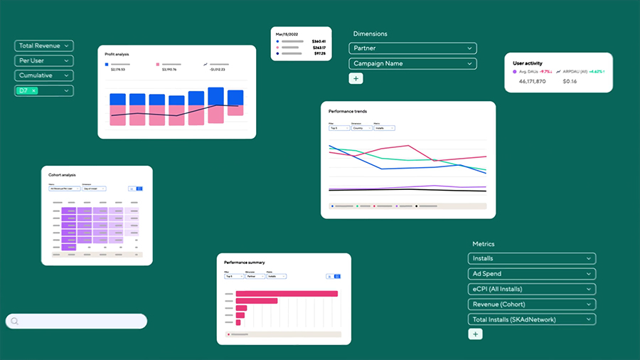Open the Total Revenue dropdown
[43, 46]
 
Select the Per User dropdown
[43, 60]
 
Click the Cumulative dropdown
[43, 75]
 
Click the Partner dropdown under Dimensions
[412, 48]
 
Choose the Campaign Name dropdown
[412, 63]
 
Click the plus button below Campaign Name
[356, 78]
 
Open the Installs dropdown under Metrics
[531, 258]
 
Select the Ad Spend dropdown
[531, 274]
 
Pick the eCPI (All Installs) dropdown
[531, 289]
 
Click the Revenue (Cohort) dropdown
[531, 305]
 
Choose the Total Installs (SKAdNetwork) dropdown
[531, 319]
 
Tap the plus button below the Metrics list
[476, 334]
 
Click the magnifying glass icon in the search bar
[15, 322]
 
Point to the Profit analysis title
[117, 54]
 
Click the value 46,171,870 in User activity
[532, 82]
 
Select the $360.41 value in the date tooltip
[319, 41]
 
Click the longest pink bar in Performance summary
[286, 293]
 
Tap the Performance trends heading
[348, 112]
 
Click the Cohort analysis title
[62, 175]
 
